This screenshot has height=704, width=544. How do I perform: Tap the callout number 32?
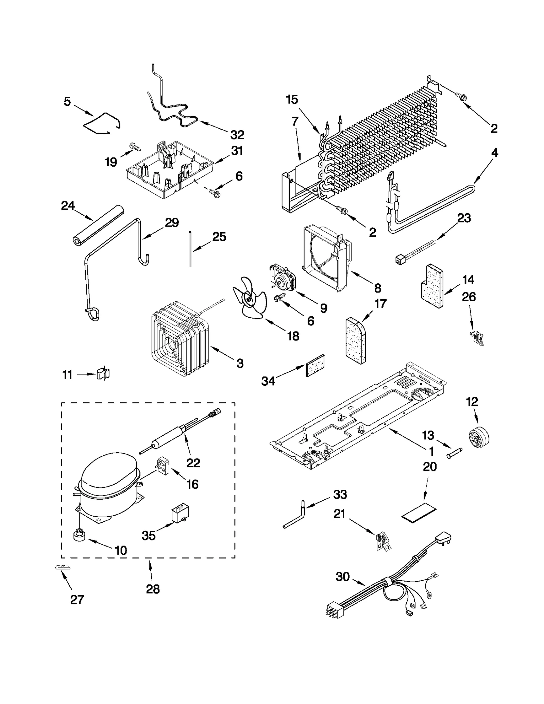click(x=237, y=135)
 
